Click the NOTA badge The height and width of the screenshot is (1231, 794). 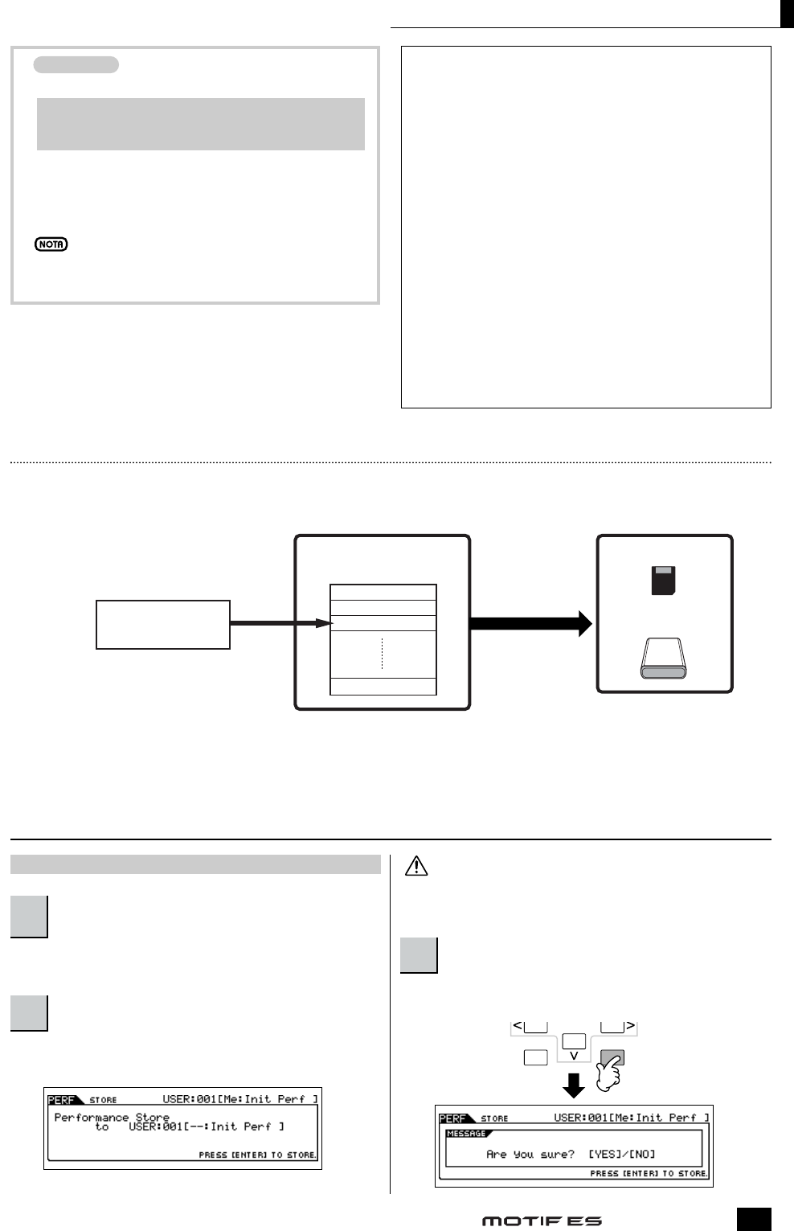click(51, 244)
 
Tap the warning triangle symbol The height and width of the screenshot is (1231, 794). click(416, 866)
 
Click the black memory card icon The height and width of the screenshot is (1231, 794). click(663, 581)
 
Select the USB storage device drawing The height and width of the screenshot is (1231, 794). click(663, 659)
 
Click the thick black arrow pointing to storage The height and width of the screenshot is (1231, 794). click(530, 623)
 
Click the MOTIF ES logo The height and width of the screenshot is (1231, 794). click(542, 1221)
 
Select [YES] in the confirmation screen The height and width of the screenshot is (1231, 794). click(603, 1154)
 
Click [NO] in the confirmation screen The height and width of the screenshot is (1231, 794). click(642, 1154)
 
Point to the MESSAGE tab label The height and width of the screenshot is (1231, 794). click(466, 1134)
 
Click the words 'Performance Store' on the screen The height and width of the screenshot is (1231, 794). click(112, 1117)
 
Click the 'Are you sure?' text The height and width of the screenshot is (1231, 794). click(530, 1154)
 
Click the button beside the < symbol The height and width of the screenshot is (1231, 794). click(536, 1027)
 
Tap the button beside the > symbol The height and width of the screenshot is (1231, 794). click(612, 1027)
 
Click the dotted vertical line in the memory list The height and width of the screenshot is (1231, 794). click(383, 654)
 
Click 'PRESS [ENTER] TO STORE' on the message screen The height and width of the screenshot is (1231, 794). click(649, 1173)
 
